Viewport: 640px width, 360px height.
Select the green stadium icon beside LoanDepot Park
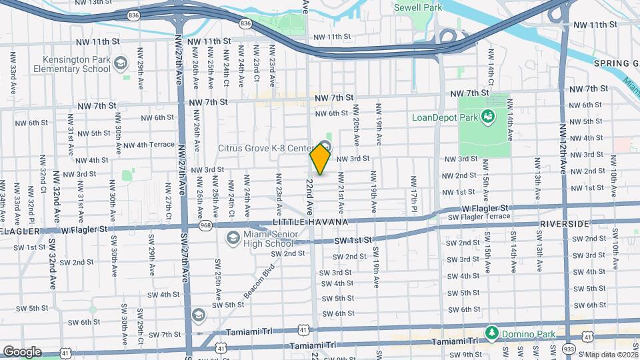coord(488,117)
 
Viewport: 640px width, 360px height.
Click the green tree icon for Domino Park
coord(491,331)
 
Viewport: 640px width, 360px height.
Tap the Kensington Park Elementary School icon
coord(121,64)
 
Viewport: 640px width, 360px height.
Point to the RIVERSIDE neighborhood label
coord(565,223)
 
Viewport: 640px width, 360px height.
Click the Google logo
coord(21,351)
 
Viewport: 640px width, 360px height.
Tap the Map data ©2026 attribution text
coord(610,355)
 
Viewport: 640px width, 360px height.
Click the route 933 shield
coord(569,349)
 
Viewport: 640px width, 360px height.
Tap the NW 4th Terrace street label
coord(149,145)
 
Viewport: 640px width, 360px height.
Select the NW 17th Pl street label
coord(414,190)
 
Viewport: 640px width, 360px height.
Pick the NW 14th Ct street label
coord(491,67)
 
